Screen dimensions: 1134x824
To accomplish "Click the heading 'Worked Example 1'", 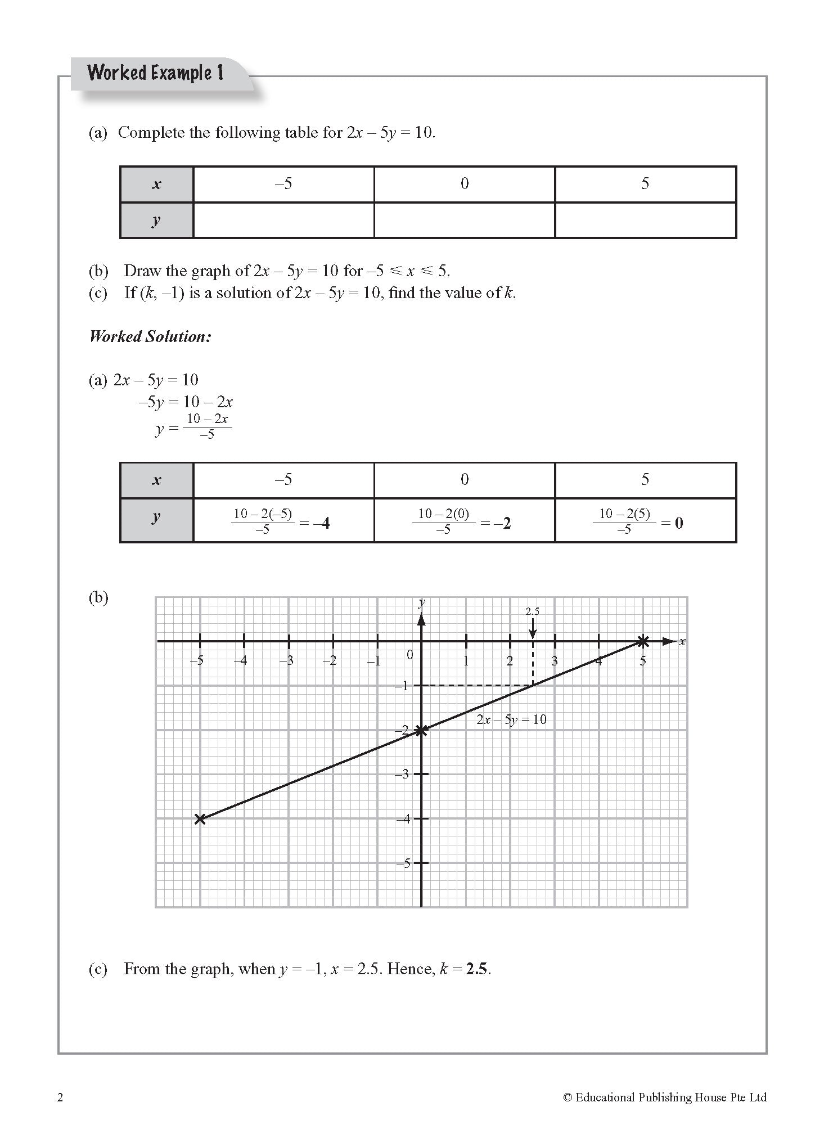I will pyautogui.click(x=155, y=73).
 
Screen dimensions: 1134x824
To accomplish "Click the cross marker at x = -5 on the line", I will pyautogui.click(x=200, y=818).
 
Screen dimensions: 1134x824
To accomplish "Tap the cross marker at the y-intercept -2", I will pyautogui.click(x=421, y=730).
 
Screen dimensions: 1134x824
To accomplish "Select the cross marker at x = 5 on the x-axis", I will pyautogui.click(x=643, y=641).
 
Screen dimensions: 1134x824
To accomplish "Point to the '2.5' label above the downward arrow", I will pyautogui.click(x=532, y=611).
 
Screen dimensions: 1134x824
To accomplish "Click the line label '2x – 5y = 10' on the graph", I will pyautogui.click(x=511, y=719).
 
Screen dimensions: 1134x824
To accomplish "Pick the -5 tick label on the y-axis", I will pyautogui.click(x=403, y=863).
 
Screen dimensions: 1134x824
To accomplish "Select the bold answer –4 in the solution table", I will pyautogui.click(x=322, y=524).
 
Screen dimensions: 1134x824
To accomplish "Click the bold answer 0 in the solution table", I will pyautogui.click(x=679, y=524).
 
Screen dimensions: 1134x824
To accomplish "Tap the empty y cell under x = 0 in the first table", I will pyautogui.click(x=464, y=220).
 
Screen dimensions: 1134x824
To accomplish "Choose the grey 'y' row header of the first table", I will pyautogui.click(x=156, y=220).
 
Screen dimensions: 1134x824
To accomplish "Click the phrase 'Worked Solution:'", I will pyautogui.click(x=150, y=336).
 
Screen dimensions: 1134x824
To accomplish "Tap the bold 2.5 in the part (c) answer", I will pyautogui.click(x=477, y=969).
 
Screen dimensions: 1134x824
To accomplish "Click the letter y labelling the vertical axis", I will pyautogui.click(x=422, y=602).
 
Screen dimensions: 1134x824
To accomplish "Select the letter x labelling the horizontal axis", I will pyautogui.click(x=682, y=641).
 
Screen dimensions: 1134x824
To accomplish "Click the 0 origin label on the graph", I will pyautogui.click(x=409, y=655).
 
